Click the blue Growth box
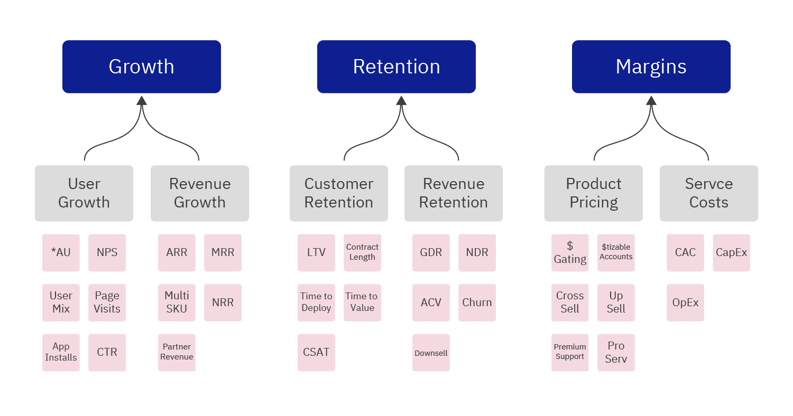pos(141,67)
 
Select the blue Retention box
pos(396,67)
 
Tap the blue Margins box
pos(651,67)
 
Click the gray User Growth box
pos(84,193)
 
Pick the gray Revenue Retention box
pos(453,193)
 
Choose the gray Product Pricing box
pos(593,193)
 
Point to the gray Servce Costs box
pos(708,193)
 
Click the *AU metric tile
pos(61,253)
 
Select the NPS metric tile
pos(107,253)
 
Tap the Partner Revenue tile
pos(177,352)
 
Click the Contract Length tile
pos(362,253)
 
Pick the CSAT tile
pos(316,352)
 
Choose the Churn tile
pos(477,302)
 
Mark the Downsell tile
pos(431,352)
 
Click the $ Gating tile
pos(570,253)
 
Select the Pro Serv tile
pos(616,352)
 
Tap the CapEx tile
pos(731,253)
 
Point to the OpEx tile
pos(685,302)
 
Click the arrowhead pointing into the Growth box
pos(141,100)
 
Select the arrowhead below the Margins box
pos(651,100)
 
